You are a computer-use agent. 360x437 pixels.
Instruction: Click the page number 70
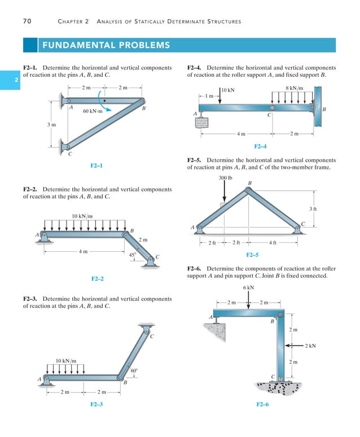27,21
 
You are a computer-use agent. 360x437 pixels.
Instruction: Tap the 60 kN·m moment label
94,111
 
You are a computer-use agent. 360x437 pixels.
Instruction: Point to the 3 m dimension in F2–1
51,125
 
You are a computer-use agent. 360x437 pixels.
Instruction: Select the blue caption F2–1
96,165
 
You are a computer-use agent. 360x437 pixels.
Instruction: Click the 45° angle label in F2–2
133,255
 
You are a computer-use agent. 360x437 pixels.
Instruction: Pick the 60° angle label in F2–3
134,371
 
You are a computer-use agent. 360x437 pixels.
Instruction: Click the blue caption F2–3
96,405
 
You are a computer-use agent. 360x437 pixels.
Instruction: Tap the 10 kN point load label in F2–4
228,90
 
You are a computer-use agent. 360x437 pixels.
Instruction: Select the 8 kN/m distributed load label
294,88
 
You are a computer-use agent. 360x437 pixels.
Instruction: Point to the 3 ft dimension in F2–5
313,209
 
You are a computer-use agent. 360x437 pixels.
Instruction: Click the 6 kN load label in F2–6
248,288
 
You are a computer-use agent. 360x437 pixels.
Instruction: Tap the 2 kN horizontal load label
310,346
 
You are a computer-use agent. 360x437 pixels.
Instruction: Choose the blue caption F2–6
262,405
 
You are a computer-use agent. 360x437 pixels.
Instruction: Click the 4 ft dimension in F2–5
273,243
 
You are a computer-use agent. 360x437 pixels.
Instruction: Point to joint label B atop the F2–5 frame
249,182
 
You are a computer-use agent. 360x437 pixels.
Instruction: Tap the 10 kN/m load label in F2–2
82,216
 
